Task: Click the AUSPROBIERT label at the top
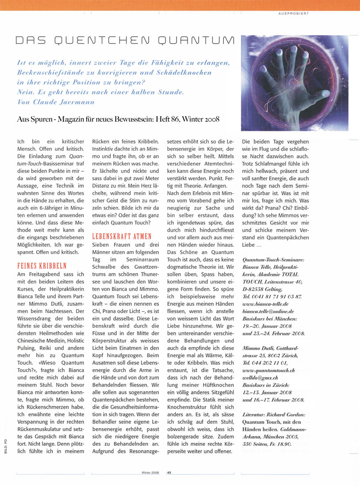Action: point(293,14)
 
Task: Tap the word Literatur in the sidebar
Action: point(255,415)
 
